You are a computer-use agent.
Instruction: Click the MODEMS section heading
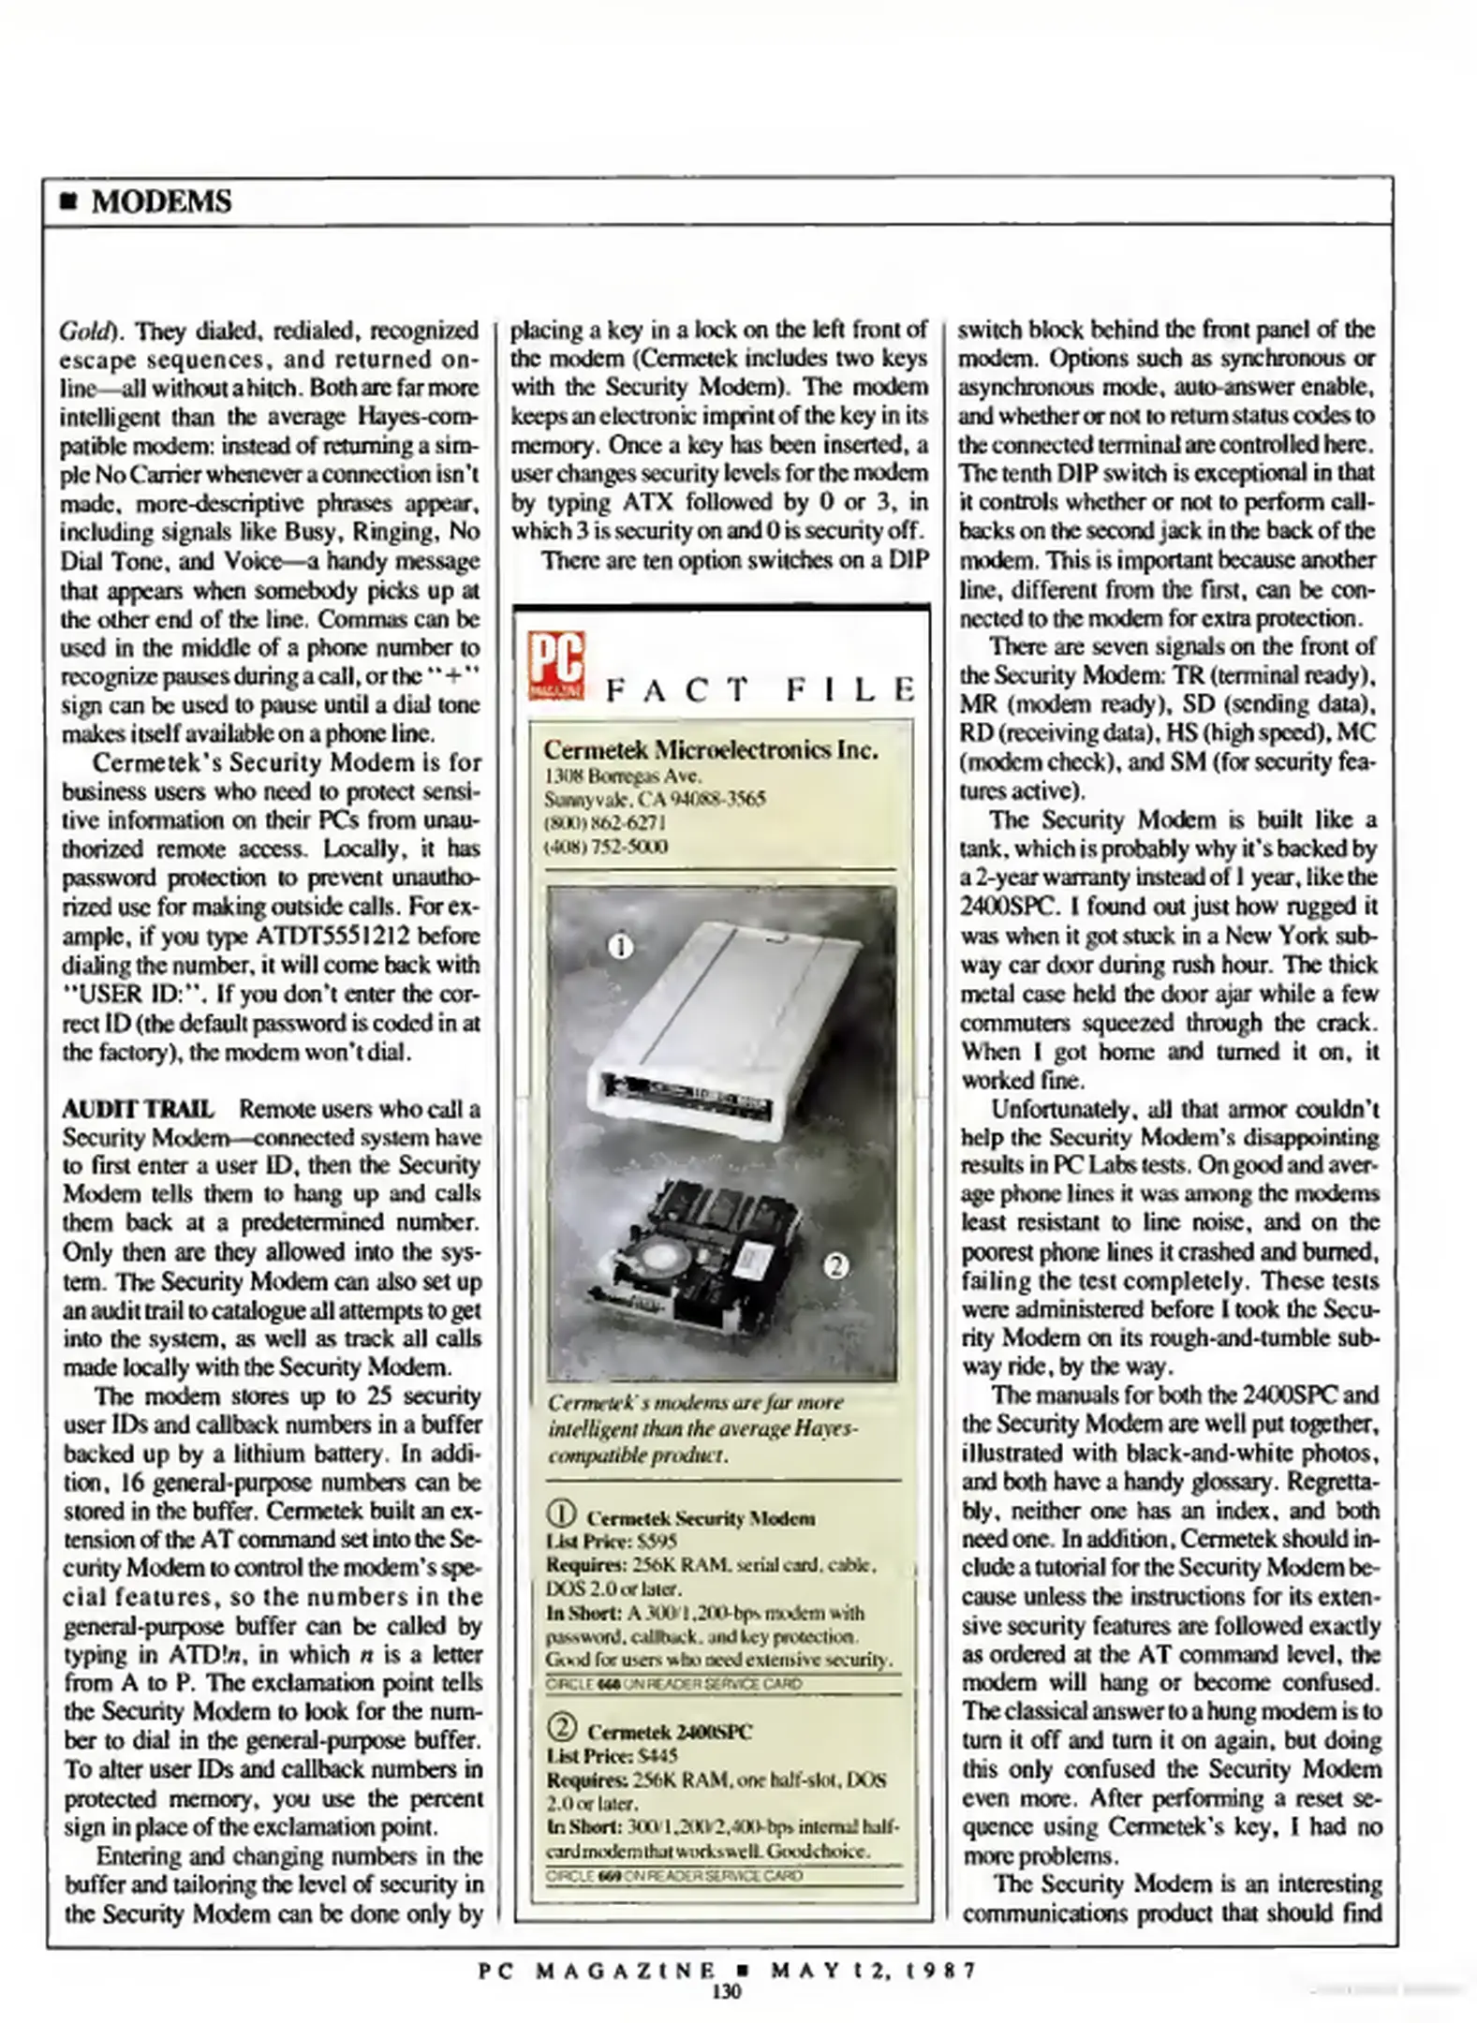coord(160,201)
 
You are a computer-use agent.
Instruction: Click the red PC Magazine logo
coord(555,665)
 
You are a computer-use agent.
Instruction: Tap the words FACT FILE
coord(760,690)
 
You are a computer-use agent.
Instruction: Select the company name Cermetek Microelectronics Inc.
coord(710,749)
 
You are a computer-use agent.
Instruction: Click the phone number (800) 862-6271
coord(605,822)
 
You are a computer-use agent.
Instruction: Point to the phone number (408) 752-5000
coord(606,847)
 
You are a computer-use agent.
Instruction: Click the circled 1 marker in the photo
coord(621,947)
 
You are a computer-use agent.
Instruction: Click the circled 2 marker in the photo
coord(835,1266)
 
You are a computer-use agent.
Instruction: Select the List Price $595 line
coord(612,1542)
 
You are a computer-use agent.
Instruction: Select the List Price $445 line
coord(612,1755)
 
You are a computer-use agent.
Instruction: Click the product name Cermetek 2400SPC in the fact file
coord(669,1732)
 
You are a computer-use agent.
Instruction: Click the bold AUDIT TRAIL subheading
coord(138,1109)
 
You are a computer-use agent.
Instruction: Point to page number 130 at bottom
coord(726,1991)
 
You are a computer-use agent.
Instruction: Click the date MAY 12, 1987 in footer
coord(873,1970)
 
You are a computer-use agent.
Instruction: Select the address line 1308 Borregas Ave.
coord(623,775)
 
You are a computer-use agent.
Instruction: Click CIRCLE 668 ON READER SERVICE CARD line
coord(674,1684)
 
